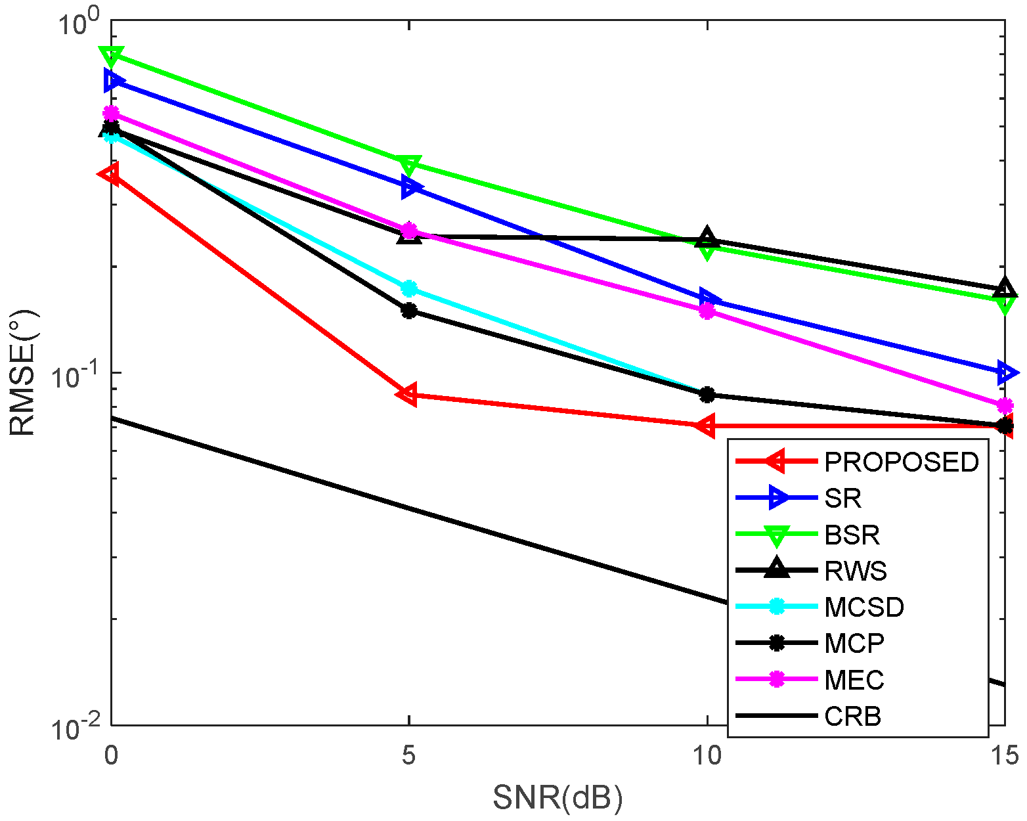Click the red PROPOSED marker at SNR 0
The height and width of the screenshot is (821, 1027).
pos(110,174)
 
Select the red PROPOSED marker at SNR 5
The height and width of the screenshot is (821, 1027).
pos(408,394)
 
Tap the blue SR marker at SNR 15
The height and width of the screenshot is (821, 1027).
pos(1005,372)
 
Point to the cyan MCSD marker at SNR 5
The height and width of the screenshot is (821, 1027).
pos(409,288)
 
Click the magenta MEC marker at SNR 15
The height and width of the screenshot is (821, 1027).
pos(1005,405)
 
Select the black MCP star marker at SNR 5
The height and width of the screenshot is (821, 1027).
pos(409,310)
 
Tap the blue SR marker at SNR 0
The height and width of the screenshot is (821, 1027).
pos(113,81)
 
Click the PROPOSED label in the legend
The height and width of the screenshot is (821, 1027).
pos(901,462)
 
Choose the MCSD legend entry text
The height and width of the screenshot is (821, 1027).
pos(864,608)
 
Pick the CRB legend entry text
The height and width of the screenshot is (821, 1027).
pos(852,716)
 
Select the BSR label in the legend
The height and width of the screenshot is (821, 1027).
pos(852,535)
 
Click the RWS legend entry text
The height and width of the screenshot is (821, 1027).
pos(856,571)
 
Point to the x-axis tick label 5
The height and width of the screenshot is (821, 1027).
pos(409,756)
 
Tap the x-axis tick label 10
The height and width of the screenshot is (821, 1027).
pos(707,756)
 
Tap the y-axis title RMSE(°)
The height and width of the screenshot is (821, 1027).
pos(24,373)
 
